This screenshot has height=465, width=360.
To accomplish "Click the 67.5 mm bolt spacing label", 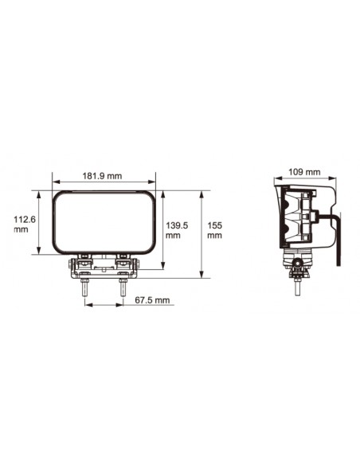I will [x=152, y=300].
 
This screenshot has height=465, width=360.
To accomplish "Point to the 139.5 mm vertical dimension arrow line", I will [x=162, y=231].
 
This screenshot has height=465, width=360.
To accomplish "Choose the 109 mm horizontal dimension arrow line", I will [x=303, y=178].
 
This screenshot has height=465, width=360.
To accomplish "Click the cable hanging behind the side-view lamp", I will [x=338, y=239].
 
